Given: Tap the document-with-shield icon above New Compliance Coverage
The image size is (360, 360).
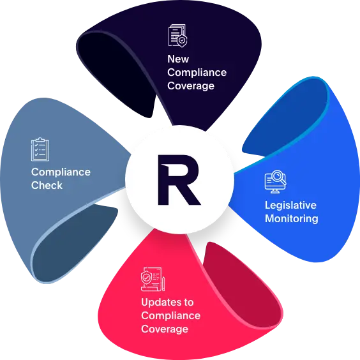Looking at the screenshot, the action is (177, 36).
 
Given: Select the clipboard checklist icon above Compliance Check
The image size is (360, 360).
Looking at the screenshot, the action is (40, 149).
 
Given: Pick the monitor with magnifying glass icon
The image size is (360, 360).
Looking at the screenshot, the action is (275, 182).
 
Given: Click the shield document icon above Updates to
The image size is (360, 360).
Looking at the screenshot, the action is (153, 279).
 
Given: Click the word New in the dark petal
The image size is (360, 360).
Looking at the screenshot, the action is (178, 59).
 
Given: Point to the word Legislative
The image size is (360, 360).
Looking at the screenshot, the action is (290, 206).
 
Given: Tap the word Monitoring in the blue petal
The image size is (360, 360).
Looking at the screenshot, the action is (292, 219).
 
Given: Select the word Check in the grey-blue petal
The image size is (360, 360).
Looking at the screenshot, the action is (47, 185).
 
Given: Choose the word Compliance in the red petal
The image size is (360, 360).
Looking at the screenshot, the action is (171, 316).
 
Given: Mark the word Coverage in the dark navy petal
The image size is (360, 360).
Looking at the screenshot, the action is (191, 86).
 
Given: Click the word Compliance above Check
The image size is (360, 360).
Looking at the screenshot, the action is (61, 172).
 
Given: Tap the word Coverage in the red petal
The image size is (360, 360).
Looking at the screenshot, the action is (165, 329).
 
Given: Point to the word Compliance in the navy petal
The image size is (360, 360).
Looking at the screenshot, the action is (197, 73).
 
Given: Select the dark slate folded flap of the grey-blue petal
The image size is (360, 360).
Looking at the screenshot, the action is (73, 241).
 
